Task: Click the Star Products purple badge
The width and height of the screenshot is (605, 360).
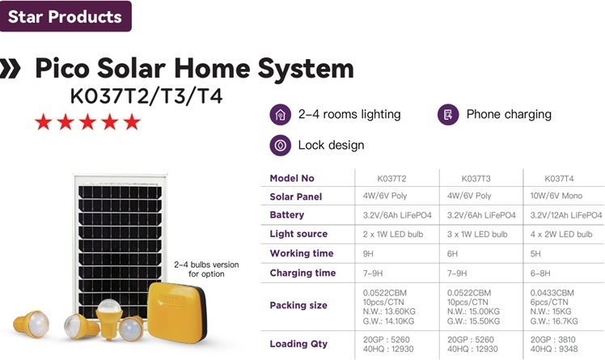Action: click(66, 16)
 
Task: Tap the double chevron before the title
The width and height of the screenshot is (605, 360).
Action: click(10, 68)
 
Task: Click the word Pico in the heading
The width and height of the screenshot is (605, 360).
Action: click(62, 68)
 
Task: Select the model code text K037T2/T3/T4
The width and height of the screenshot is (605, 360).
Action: click(146, 95)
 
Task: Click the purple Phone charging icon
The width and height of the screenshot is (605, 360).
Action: click(448, 115)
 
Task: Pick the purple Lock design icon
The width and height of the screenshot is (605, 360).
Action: click(280, 146)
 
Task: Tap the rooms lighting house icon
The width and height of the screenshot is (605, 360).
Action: click(280, 115)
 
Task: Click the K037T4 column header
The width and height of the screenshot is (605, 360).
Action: click(559, 179)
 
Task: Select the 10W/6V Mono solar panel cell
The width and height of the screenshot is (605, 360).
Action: click(556, 196)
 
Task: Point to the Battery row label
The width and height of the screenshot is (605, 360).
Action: click(286, 215)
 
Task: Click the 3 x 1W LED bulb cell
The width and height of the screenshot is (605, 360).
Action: click(477, 235)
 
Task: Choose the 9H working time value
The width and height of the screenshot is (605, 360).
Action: click(368, 254)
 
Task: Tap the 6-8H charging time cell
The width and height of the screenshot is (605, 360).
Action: click(540, 273)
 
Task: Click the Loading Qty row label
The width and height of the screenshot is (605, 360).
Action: click(298, 344)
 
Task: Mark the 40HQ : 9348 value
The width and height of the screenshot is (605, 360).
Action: click(554, 349)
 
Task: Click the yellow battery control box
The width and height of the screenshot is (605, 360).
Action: click(177, 311)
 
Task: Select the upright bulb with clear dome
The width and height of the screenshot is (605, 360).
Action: click(109, 319)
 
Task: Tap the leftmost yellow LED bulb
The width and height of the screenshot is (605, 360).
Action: click(32, 324)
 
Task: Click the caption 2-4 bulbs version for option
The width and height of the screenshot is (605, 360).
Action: click(206, 269)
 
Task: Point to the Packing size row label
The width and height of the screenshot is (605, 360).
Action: click(298, 306)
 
